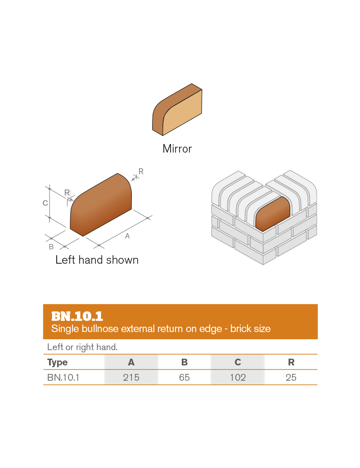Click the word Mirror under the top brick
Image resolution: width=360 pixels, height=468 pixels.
coord(177,149)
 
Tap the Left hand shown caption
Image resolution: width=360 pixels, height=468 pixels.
coord(97,260)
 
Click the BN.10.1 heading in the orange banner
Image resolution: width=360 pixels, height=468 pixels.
coord(77,316)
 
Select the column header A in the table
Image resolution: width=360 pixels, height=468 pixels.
coord(131,362)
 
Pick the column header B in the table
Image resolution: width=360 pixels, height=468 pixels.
coord(184,362)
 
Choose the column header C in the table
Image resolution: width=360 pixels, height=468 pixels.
coord(238,362)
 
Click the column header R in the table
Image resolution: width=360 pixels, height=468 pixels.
coord(291,362)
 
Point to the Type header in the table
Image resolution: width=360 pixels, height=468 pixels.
coord(58,362)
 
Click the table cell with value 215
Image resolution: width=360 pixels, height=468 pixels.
coord(131,378)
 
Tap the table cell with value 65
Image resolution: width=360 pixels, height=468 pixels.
coord(184,378)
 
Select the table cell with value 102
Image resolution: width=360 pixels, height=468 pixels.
coord(238,378)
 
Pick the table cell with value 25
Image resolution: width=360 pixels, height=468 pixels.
coord(291,378)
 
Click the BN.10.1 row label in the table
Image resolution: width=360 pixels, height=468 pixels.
coord(63,378)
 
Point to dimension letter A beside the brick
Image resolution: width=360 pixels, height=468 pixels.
coord(127,236)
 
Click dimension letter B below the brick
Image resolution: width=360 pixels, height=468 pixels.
coord(51,247)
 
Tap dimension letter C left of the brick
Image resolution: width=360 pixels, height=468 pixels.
coord(45,203)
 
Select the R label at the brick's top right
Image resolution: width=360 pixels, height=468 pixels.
coord(141,171)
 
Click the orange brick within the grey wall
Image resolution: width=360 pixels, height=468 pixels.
coord(273,213)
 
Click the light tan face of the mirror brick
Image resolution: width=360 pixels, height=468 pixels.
coord(182,112)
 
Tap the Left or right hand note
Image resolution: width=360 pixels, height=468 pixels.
coord(82,347)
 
